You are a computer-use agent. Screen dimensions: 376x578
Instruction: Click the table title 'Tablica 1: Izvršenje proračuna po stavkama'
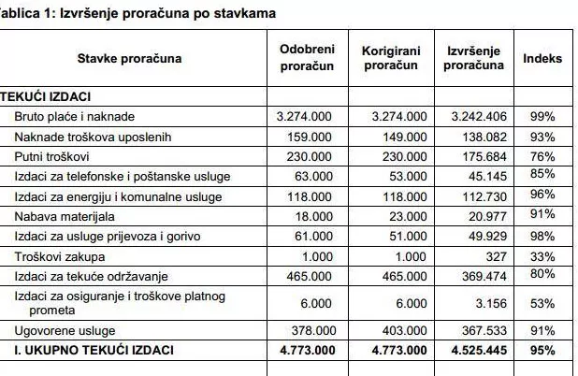[x=131, y=14]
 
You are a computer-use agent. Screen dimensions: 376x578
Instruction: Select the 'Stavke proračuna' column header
[x=130, y=58]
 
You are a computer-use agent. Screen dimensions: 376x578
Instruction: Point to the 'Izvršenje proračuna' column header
[x=472, y=58]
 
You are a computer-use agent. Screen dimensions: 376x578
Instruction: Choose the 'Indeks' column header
[x=542, y=58]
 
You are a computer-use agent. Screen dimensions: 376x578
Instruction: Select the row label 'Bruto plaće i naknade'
[x=74, y=117]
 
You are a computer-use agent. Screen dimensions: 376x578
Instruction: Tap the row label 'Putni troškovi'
[x=52, y=156]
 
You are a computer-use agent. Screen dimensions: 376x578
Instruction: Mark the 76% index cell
[x=542, y=156]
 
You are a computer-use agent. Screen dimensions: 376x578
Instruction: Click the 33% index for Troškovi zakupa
[x=542, y=254]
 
